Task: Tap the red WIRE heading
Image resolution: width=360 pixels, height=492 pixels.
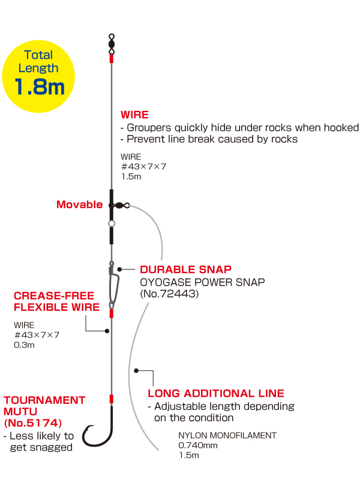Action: tap(134, 115)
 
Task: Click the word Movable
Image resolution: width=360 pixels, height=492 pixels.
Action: tap(79, 205)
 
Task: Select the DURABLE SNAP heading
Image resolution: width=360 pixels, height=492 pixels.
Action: tap(185, 269)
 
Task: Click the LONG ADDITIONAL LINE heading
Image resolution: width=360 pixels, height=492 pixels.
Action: tap(215, 394)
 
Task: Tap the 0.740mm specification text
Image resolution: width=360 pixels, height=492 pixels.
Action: tap(198, 445)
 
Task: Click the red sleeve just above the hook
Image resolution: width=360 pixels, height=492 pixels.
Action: tap(111, 399)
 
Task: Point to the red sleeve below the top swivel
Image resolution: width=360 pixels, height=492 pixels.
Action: tap(111, 58)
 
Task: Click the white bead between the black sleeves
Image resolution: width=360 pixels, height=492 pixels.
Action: tap(111, 224)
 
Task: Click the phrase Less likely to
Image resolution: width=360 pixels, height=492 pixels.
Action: tap(39, 436)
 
